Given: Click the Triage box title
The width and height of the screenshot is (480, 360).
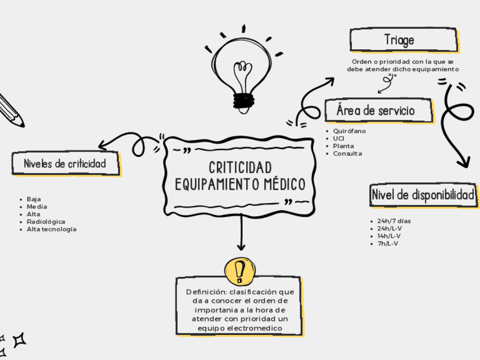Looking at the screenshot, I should [x=400, y=40].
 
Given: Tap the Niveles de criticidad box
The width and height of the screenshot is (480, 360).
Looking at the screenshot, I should [x=65, y=164].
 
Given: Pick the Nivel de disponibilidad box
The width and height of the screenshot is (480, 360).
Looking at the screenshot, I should [x=423, y=195].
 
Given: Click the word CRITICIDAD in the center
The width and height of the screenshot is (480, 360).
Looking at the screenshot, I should [x=240, y=168].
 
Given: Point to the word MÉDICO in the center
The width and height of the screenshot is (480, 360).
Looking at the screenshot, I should [x=285, y=185].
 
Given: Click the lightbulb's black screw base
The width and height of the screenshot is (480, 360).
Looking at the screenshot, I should [x=244, y=101].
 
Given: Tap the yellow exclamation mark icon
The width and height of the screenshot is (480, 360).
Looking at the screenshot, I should [x=240, y=271].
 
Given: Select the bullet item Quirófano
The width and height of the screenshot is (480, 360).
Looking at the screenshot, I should [x=349, y=131].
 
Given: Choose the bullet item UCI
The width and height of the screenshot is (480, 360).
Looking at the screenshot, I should [x=339, y=138].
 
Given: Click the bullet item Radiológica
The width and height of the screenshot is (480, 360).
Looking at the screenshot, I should [x=46, y=222].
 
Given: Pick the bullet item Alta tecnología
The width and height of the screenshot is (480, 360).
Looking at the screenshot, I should [x=52, y=229].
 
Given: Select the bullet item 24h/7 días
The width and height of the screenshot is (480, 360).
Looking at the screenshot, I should [x=394, y=221].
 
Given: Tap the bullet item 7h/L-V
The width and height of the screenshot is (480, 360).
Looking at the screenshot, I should [x=388, y=244].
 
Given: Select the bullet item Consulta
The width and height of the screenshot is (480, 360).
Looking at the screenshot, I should [x=348, y=153].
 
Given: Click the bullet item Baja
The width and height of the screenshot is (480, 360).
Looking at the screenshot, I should [x=34, y=199].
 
